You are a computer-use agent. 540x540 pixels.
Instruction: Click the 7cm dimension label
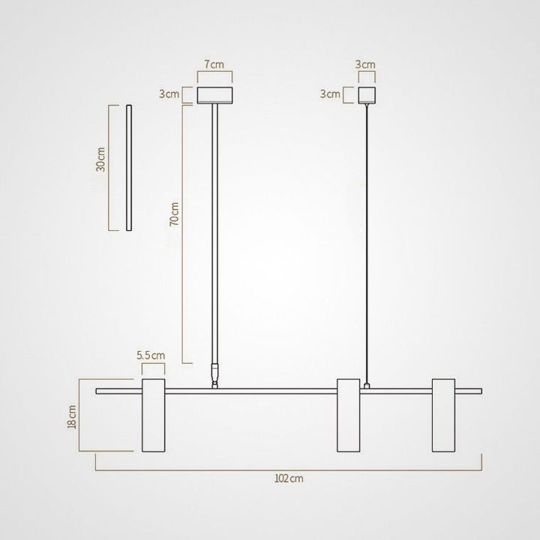point(214,64)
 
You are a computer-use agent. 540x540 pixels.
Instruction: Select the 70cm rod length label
point(174,214)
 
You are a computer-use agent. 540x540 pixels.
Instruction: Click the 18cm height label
point(73,416)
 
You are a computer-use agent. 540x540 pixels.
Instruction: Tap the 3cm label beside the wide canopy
point(169,94)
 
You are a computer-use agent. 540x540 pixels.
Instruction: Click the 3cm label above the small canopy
point(365,64)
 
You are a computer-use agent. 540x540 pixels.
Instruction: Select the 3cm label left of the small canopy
point(330,94)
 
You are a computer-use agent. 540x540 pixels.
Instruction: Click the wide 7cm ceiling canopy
point(214,95)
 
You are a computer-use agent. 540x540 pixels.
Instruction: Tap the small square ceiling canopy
point(365,95)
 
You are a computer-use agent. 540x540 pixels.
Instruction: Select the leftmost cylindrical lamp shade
point(154,415)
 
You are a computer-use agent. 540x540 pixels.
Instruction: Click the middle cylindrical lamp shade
point(348,415)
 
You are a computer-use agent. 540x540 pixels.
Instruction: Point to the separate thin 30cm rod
point(129,169)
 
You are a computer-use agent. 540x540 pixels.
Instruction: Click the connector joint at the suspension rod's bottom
point(215,374)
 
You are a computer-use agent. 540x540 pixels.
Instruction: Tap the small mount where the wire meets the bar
point(366,385)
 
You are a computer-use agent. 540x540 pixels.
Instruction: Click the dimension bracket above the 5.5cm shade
point(154,367)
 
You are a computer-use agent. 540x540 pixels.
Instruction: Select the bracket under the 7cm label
point(214,76)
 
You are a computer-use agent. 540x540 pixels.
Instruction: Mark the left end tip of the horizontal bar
point(97,391)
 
